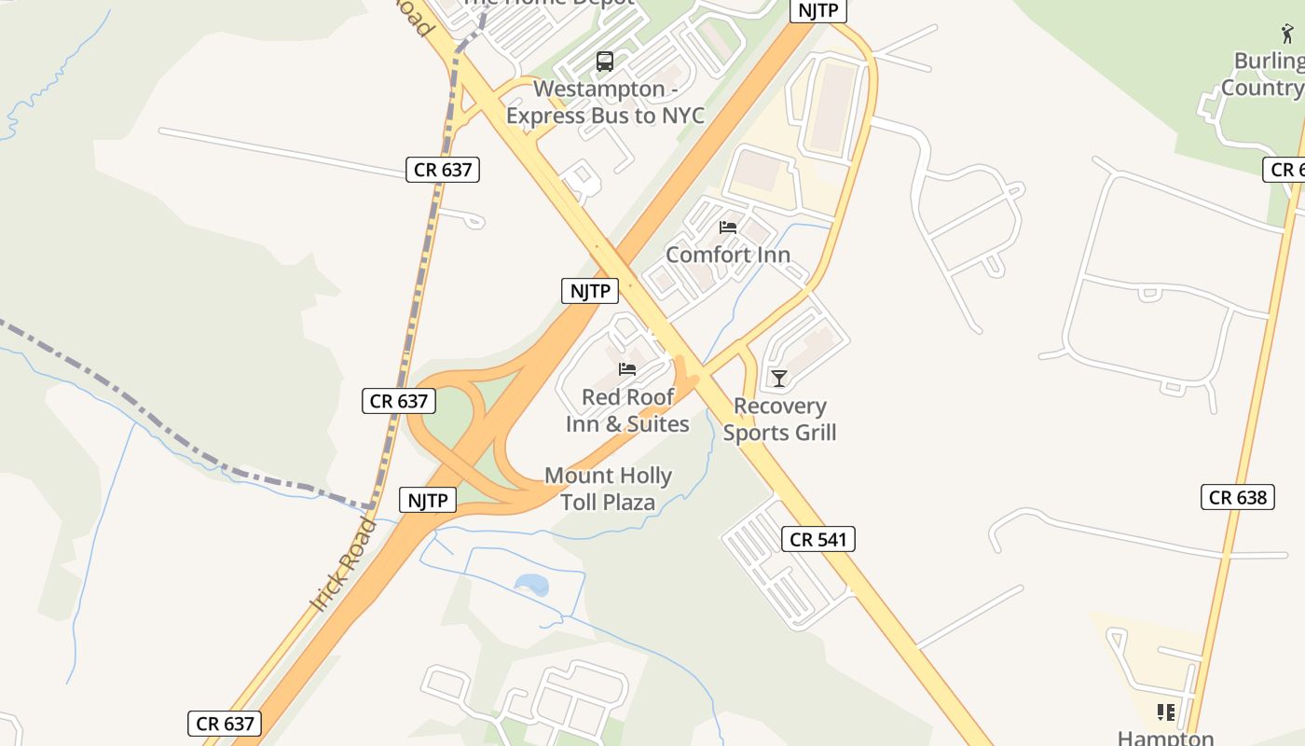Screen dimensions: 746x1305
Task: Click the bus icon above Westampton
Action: [x=604, y=62]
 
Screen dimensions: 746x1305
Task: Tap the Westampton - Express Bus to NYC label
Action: [x=605, y=103]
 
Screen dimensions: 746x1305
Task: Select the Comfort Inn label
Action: [x=728, y=255]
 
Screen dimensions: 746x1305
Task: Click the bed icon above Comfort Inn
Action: [x=728, y=228]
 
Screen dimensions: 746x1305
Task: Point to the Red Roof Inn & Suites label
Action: [x=627, y=410]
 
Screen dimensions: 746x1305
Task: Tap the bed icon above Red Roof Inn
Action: [x=627, y=369]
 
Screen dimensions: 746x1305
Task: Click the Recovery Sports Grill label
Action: [x=779, y=419]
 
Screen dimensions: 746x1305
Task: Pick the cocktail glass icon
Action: [x=779, y=378]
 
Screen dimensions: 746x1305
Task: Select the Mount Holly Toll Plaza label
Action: [x=608, y=489]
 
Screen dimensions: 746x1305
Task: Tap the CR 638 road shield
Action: [x=1237, y=497]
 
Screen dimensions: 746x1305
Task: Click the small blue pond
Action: [x=532, y=585]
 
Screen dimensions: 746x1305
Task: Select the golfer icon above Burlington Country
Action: [x=1287, y=35]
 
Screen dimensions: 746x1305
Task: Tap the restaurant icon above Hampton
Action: [x=1165, y=712]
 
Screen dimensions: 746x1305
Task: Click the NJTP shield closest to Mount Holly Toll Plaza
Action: [x=429, y=500]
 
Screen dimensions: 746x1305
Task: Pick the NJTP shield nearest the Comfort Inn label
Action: [x=591, y=291]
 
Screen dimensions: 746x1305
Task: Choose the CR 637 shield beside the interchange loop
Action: [x=399, y=401]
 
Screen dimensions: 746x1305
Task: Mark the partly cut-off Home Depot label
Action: [x=548, y=3]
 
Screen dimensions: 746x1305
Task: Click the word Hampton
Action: [x=1165, y=738]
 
